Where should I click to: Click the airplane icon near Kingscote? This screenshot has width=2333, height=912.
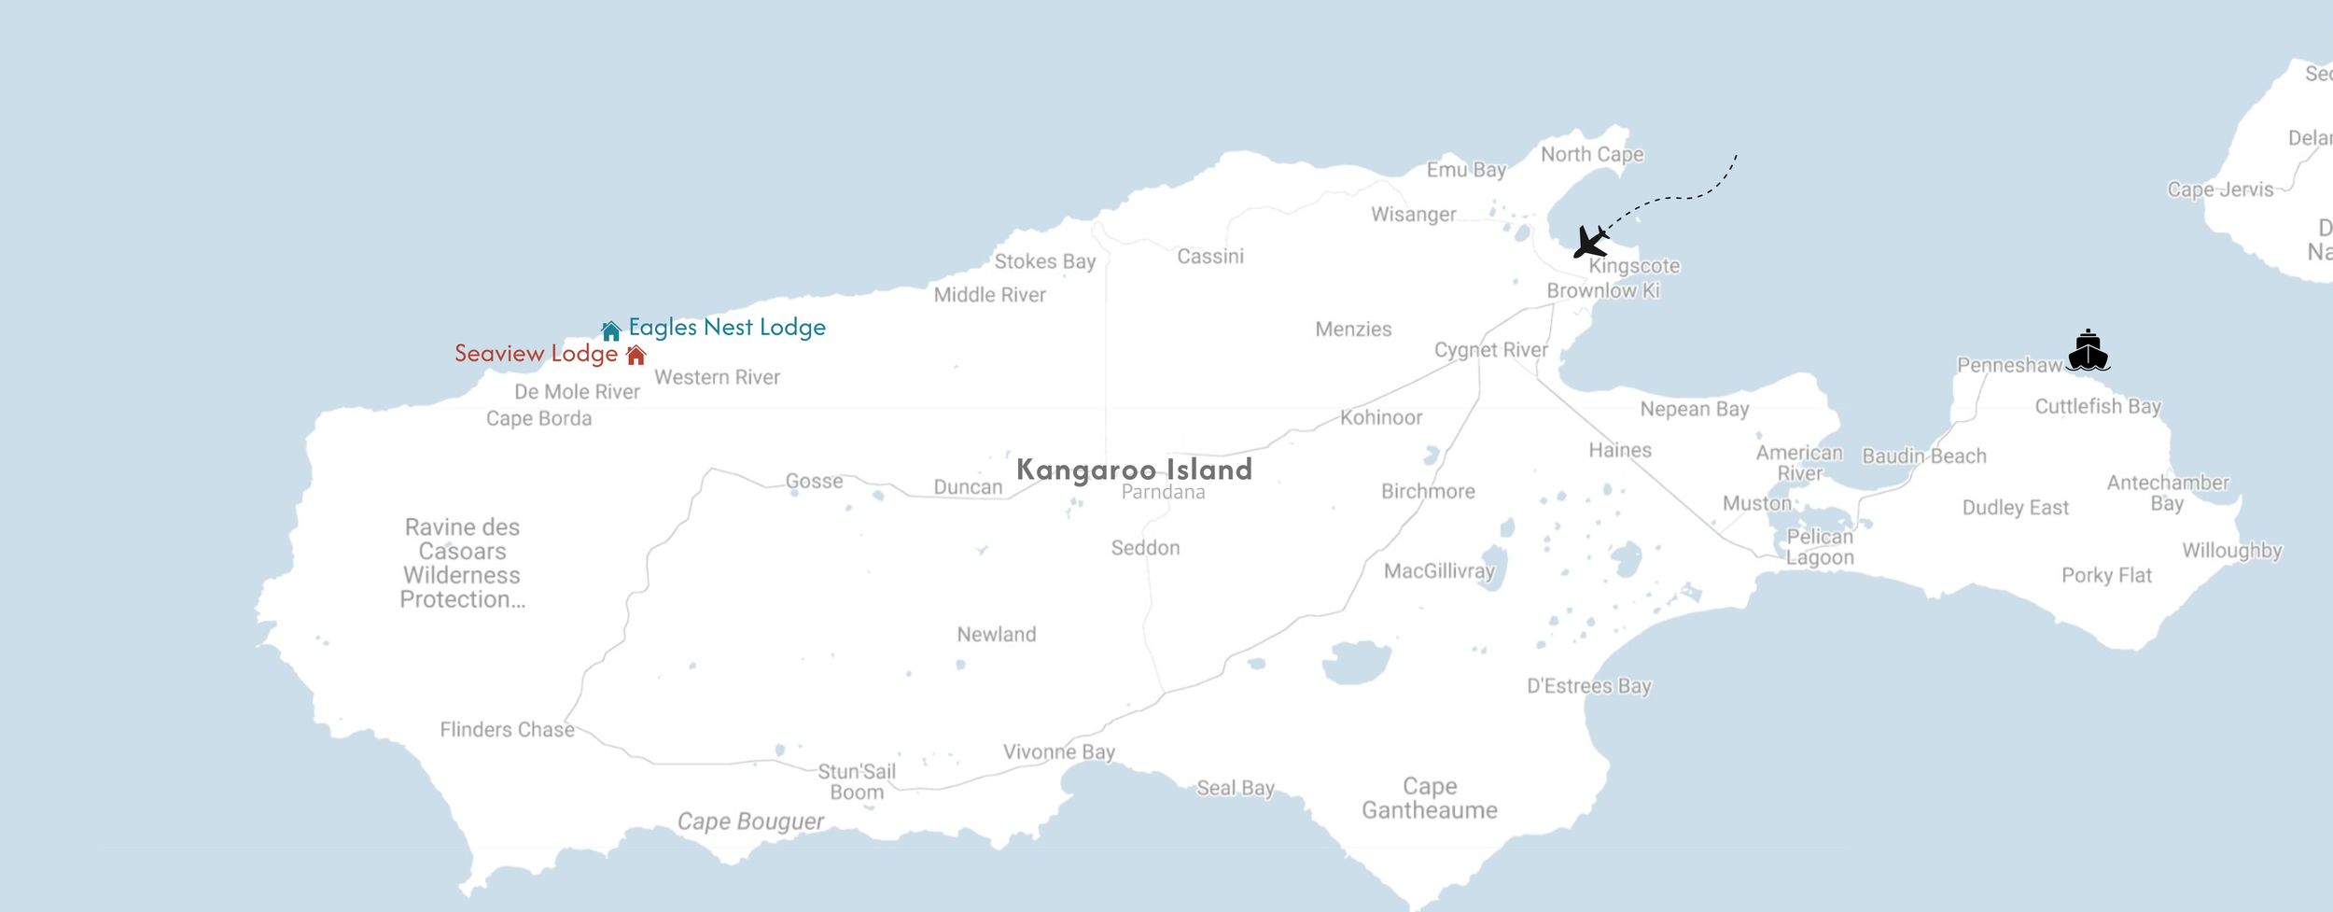[1591, 242]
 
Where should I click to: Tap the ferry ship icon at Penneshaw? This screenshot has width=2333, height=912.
[2088, 352]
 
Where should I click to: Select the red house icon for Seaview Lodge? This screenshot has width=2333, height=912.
[636, 355]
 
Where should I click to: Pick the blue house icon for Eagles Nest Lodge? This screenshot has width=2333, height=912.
[611, 330]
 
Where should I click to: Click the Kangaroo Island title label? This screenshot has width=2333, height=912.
[1134, 470]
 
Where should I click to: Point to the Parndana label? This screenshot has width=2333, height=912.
[1163, 493]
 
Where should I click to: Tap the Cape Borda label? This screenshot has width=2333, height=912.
[538, 419]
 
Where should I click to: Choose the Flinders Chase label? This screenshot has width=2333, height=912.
[507, 730]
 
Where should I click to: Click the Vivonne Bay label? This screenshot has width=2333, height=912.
[1059, 752]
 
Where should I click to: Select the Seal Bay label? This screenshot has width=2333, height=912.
[1236, 789]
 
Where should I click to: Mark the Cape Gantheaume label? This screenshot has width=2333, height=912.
[1429, 798]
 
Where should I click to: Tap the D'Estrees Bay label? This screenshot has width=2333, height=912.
[1588, 686]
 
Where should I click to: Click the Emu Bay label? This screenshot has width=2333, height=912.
[1466, 170]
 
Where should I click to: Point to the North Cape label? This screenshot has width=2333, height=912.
[1592, 155]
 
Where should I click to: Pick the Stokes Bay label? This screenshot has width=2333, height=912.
[1044, 262]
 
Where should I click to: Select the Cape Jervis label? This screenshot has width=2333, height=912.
[2220, 190]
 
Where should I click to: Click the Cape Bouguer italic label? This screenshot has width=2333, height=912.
[750, 821]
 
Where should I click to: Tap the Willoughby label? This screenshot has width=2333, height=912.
[2231, 551]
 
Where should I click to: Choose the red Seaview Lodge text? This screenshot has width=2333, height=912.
[536, 354]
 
